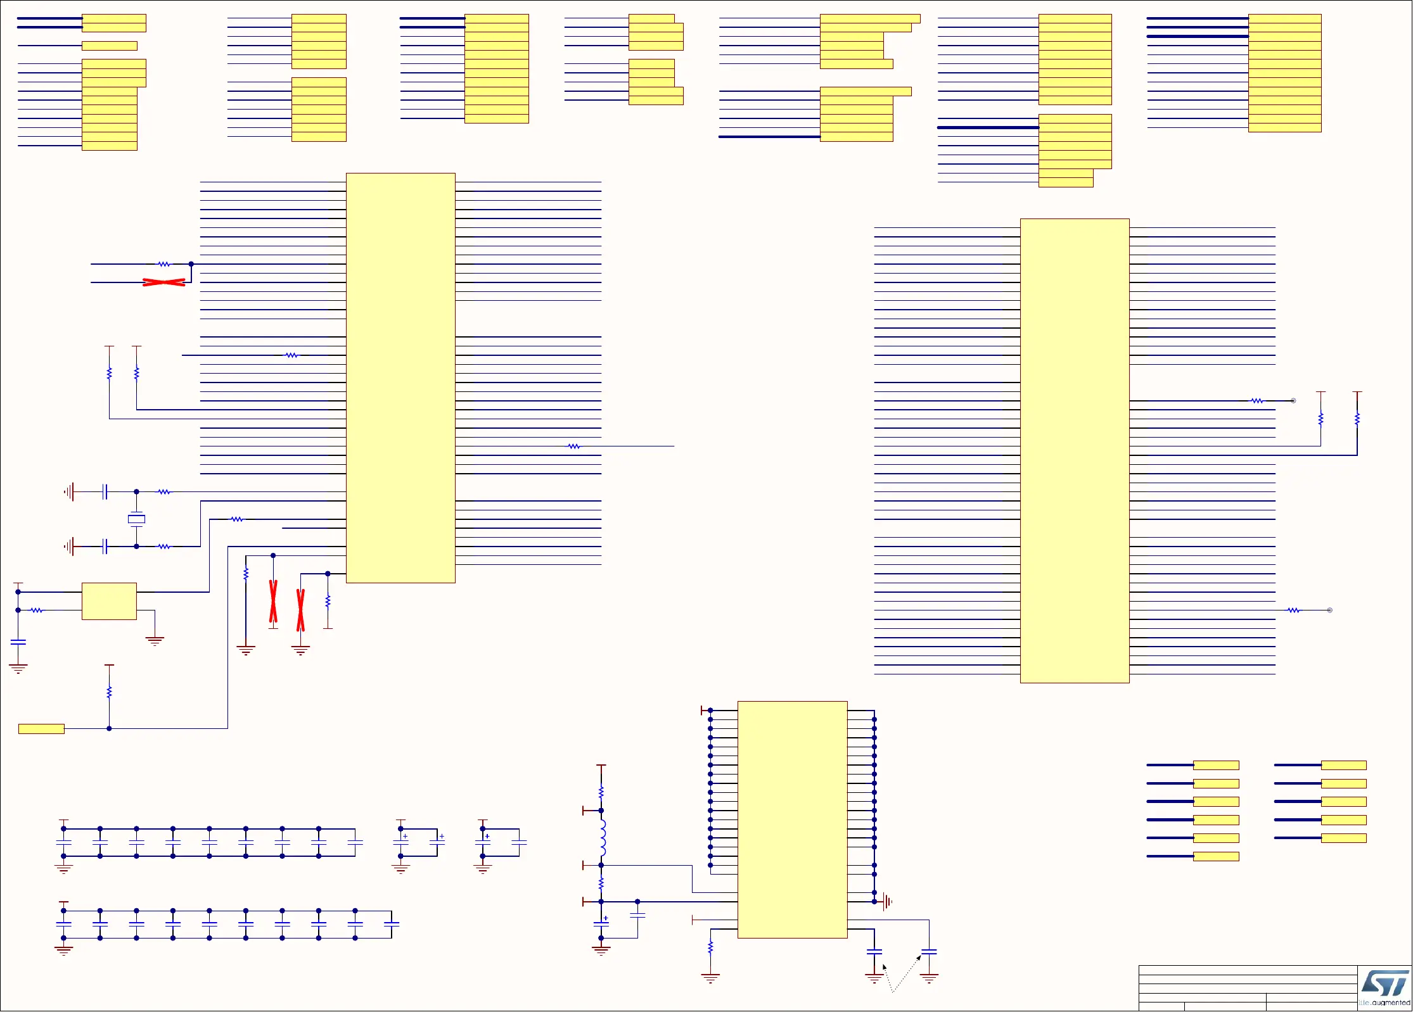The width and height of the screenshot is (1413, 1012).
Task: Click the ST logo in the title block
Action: (x=1385, y=984)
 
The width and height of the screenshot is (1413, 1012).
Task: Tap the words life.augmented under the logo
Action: (x=1384, y=1003)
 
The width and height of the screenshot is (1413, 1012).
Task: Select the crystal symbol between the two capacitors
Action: (x=136, y=519)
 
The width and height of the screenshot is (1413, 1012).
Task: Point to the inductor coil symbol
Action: (x=602, y=837)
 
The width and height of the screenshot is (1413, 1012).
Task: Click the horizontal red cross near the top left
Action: (x=164, y=282)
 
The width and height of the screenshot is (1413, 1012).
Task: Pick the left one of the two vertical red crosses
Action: (x=273, y=601)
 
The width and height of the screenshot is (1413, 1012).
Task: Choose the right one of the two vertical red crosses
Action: (x=300, y=610)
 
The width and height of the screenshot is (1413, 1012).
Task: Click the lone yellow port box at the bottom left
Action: (x=41, y=729)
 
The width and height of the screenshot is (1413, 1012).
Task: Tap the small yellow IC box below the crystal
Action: (x=109, y=601)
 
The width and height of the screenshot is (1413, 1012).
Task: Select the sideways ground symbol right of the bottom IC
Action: (x=887, y=901)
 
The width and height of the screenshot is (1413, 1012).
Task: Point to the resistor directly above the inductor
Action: (x=601, y=792)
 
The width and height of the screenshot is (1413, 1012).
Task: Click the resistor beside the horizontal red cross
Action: (x=164, y=264)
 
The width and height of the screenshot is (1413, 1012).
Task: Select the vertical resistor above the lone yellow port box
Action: (x=109, y=692)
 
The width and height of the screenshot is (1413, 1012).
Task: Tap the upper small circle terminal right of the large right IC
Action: (x=1293, y=401)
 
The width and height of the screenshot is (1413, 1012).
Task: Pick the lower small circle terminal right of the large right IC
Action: (x=1329, y=610)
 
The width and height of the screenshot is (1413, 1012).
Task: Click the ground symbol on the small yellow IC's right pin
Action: (x=155, y=640)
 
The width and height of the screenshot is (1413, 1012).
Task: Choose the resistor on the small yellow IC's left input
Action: (x=37, y=610)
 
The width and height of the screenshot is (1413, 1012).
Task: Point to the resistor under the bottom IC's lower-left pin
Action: (x=710, y=947)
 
